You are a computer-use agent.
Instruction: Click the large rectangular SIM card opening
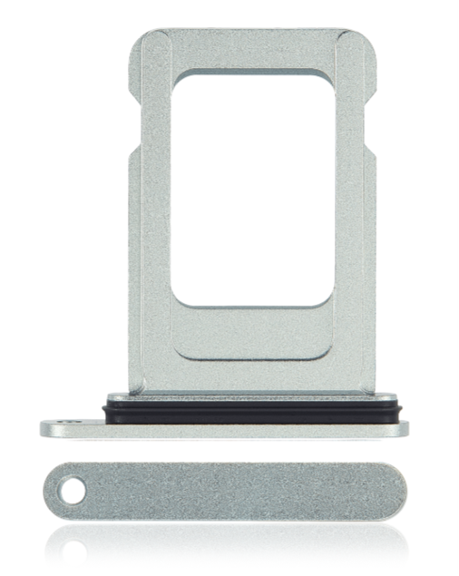coord(251,189)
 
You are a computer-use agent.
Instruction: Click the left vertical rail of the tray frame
coord(151,227)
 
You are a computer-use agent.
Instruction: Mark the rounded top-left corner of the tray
coord(142,41)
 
